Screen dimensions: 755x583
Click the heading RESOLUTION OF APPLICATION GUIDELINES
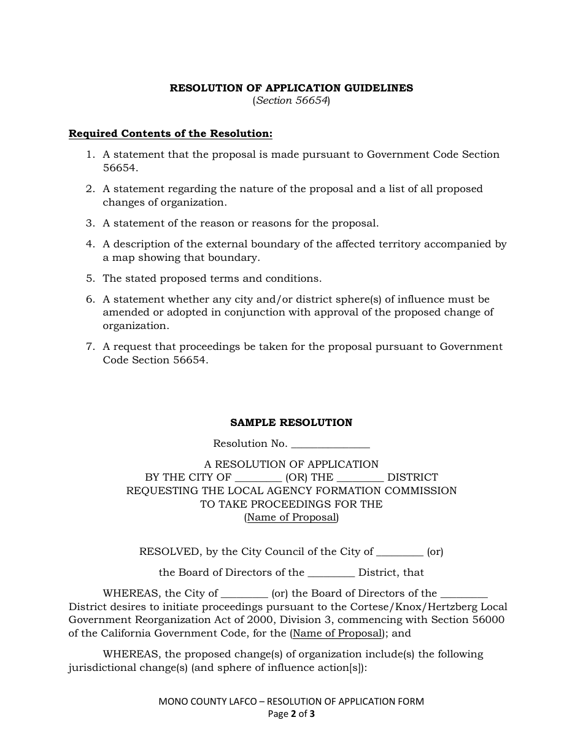[x=291, y=88]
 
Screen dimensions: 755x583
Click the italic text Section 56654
[x=291, y=101]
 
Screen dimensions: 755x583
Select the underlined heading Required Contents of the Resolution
[x=170, y=133]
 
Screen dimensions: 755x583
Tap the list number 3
[x=90, y=223]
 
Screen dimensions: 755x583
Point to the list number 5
[x=90, y=279]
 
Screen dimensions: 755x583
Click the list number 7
[x=90, y=347]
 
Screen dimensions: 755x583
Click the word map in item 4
[x=123, y=258]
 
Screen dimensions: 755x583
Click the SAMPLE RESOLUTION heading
[x=291, y=423]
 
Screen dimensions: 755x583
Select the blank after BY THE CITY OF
[x=258, y=478]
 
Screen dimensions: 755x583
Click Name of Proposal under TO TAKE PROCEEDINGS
[x=291, y=517]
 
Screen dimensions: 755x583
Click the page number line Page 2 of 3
[x=291, y=714]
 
